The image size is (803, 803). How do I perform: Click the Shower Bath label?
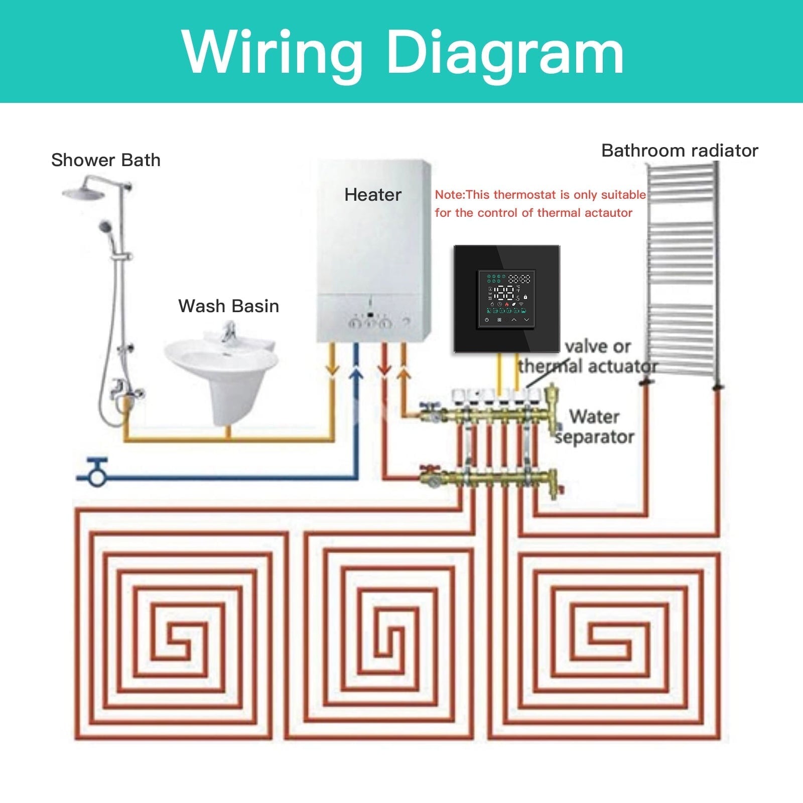coord(106,160)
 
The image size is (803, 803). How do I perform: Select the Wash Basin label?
coord(228,306)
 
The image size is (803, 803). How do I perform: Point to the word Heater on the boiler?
coord(372,195)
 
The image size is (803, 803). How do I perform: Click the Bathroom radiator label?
coord(679,151)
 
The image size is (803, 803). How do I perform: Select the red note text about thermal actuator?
coord(540,204)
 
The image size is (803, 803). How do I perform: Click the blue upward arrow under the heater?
coord(356,373)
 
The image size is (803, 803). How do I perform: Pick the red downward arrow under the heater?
coord(384,369)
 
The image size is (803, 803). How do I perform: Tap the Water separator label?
coord(595,427)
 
